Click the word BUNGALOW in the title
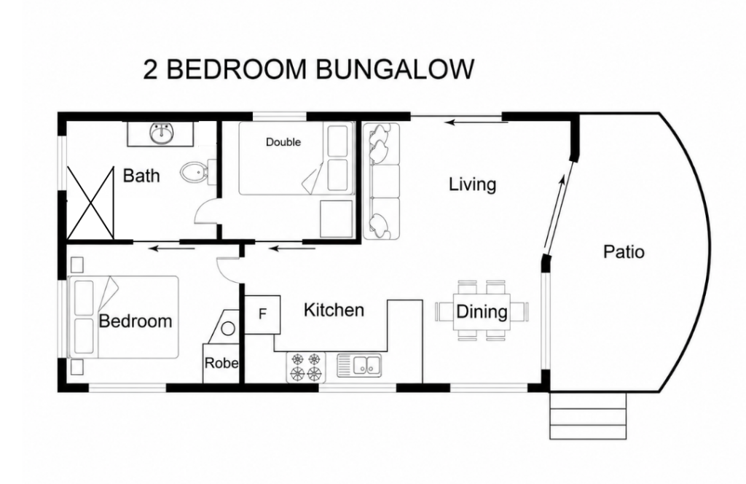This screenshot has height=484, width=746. point(394,69)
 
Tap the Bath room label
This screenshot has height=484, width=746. point(141,176)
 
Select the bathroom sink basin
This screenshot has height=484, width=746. point(161,133)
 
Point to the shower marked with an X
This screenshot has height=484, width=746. point(90,202)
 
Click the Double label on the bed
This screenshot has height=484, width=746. point(283,142)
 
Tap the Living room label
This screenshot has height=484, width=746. point(472,184)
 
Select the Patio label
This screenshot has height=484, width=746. point(624,251)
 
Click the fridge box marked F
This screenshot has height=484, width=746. point(262,314)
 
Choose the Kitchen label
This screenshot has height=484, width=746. point(334,310)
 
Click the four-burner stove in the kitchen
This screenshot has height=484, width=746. point(306,367)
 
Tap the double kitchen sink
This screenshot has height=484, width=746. point(360,365)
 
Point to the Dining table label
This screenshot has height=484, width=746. point(482,312)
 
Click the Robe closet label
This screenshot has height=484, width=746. point(221,363)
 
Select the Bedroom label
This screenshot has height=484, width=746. point(136,321)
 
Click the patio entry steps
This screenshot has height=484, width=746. point(588,415)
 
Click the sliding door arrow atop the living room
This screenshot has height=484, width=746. point(476,122)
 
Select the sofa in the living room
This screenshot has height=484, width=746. point(381,181)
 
